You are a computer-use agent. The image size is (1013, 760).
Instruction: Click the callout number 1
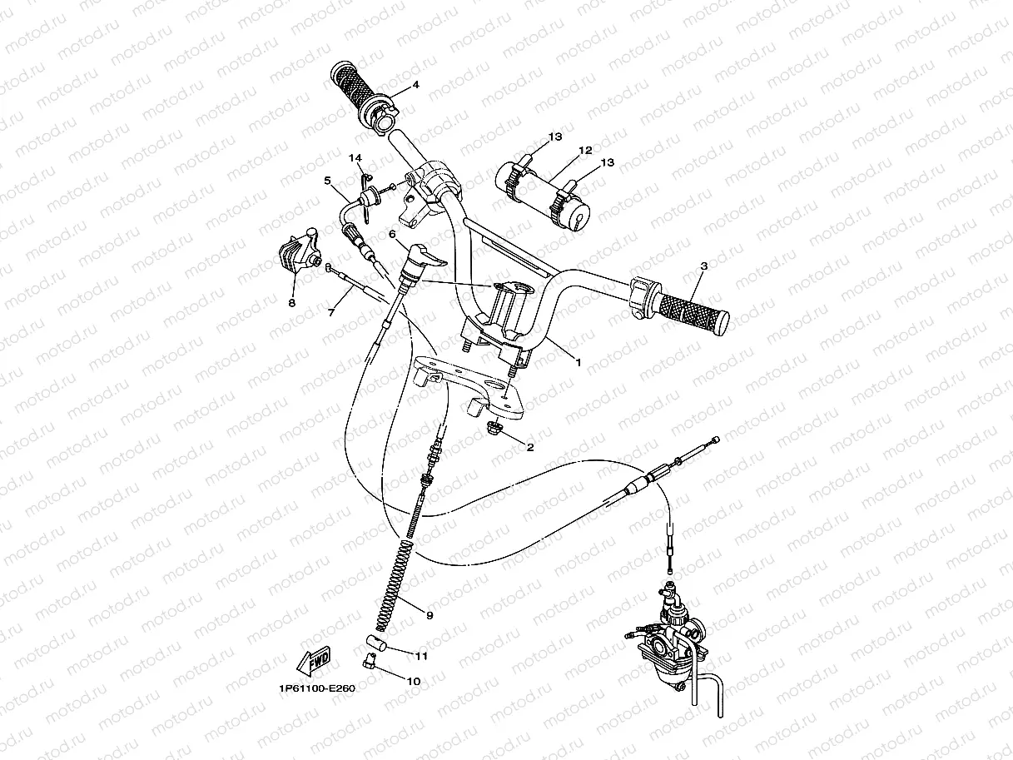pos(579,361)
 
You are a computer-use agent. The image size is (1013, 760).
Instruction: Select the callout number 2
pos(529,447)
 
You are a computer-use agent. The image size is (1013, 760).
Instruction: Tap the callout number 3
pos(703,266)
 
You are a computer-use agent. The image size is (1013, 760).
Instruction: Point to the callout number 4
pos(415,86)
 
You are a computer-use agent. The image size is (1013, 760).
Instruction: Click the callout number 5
pos(328,180)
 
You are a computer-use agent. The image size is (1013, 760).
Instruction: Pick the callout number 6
pos(392,235)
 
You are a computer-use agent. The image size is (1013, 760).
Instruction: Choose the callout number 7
pos(330,312)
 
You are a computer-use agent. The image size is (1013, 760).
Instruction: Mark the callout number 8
pos(292,304)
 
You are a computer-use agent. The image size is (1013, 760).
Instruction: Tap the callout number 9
pos(430,615)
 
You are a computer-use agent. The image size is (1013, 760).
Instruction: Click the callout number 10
pos(414,681)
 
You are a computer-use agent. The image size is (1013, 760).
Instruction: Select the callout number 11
pos(421,656)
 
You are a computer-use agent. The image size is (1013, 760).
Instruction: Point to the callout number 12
pos(585,151)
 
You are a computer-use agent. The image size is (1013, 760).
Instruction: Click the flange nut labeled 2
pos(492,430)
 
